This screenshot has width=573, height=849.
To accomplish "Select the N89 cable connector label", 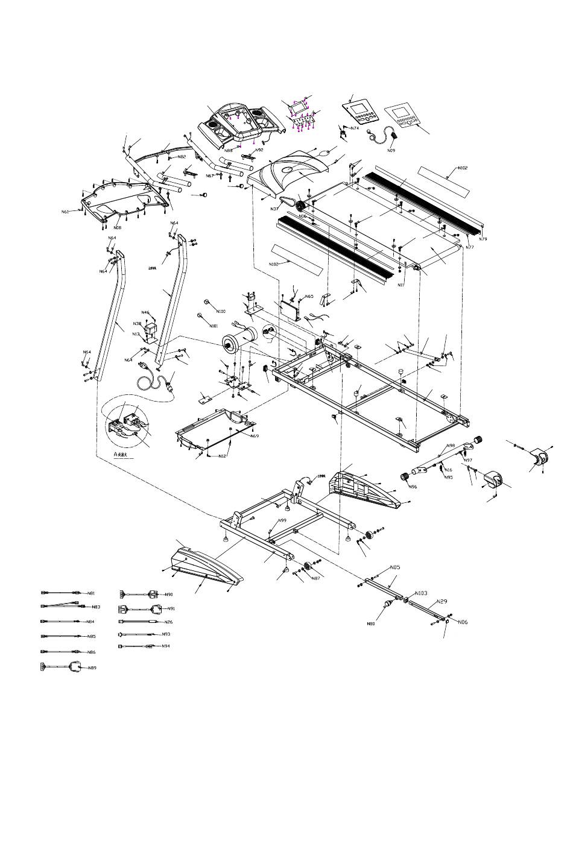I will pos(92,668).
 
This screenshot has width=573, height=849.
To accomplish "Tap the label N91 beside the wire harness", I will pos(171,609).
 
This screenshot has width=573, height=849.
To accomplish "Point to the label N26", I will pos(168,622).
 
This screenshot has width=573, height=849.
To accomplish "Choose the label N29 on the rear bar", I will pos(442,602).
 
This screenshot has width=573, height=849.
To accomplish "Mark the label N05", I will pos(395,567).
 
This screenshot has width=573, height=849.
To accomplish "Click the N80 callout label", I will pos(371,623).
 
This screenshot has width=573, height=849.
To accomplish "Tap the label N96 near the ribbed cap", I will pos(413,487).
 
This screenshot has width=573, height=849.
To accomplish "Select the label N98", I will pos(450,446).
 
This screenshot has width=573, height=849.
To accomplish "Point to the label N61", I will pos(65,212).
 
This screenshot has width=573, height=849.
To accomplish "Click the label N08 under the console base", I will pos(117,228).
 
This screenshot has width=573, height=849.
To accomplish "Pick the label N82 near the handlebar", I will pos(182,157).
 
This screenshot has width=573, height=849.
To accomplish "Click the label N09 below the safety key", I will pos(391,150).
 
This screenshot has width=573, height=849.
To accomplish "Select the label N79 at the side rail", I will pos(483,239).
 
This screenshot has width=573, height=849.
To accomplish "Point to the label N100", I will pos(221,311).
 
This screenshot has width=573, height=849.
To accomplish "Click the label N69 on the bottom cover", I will pos(255,435).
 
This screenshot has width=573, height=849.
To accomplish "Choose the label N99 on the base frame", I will pos(282,520).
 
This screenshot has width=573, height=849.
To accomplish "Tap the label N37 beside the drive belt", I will pos(274,209).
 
